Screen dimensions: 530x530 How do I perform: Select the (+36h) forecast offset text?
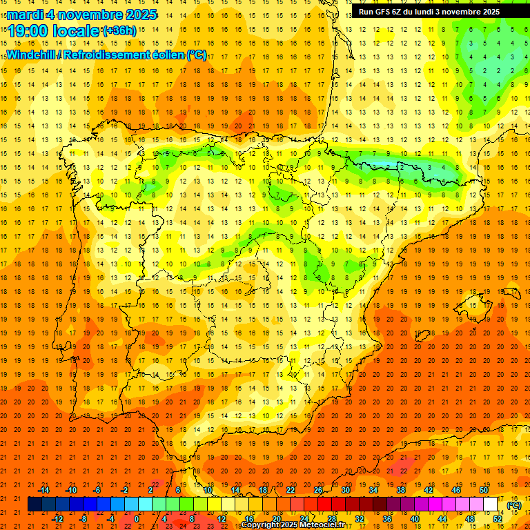pyautogui.click(x=119, y=31)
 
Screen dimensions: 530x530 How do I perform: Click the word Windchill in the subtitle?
pyautogui.click(x=30, y=55)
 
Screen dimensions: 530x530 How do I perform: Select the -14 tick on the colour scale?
pyautogui.click(x=44, y=490)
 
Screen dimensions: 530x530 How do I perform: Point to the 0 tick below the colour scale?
pyautogui.click(x=137, y=519)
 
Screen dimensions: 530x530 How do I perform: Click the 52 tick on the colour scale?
pyautogui.click(x=498, y=519)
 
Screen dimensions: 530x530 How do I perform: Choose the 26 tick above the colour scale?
pyautogui.click(x=317, y=490)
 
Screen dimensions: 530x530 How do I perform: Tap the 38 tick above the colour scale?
pyautogui.click(x=400, y=490)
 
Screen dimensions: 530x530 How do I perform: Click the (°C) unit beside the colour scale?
pyautogui.click(x=514, y=504)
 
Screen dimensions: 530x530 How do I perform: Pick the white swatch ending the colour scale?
pyautogui.click(x=491, y=504)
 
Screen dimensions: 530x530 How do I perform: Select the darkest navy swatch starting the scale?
pyautogui.click(x=35, y=504)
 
